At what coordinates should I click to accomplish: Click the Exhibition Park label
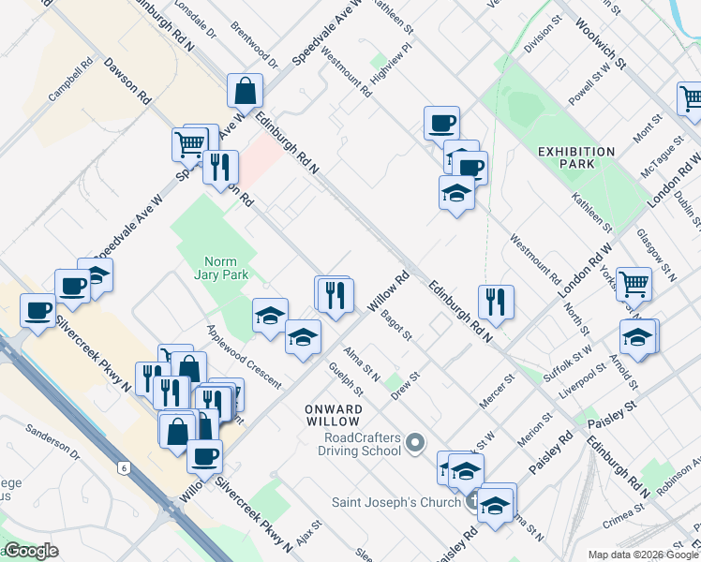[x=576, y=157]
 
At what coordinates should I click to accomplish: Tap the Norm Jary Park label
[x=221, y=269]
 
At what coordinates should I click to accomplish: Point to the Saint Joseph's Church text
[x=396, y=501]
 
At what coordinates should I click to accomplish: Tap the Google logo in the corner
[x=31, y=551]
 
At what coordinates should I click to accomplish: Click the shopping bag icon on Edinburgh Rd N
[x=245, y=91]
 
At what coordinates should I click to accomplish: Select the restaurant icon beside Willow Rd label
[x=334, y=294]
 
